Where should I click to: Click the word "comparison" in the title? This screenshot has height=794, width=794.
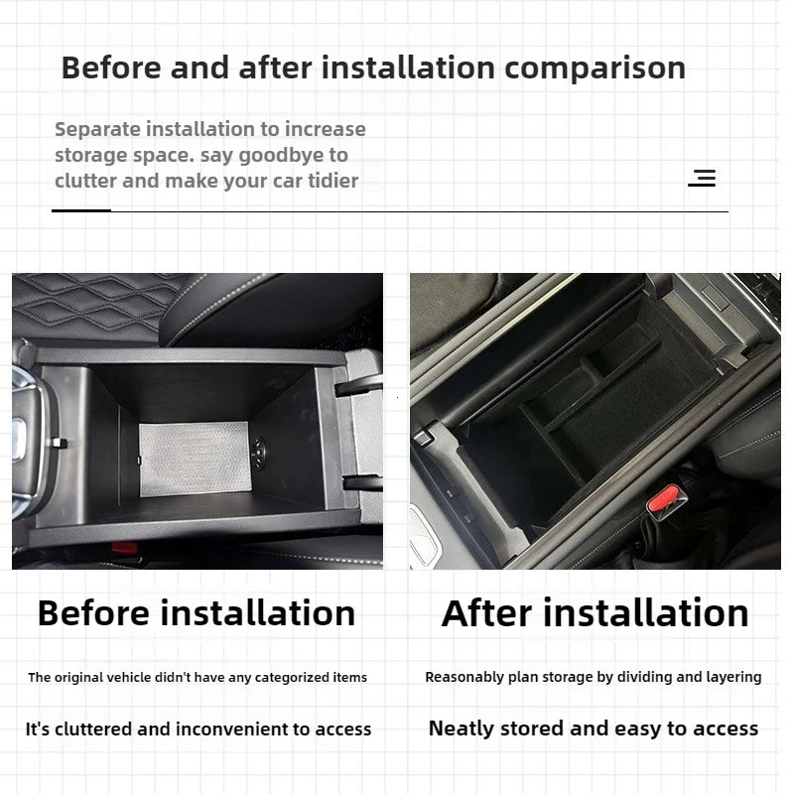click(595, 67)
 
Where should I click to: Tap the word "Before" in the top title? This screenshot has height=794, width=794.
click(111, 67)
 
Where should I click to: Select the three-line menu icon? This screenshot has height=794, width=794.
click(703, 179)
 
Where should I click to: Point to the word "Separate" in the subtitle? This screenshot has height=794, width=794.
click(96, 129)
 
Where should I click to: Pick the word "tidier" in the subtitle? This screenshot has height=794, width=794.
click(333, 181)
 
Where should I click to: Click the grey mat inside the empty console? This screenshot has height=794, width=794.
click(193, 459)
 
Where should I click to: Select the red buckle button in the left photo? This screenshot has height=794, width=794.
click(124, 547)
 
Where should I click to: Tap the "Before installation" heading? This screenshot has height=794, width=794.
click(197, 613)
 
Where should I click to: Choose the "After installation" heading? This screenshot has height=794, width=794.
click(595, 613)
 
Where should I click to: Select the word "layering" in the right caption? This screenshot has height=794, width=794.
click(731, 677)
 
